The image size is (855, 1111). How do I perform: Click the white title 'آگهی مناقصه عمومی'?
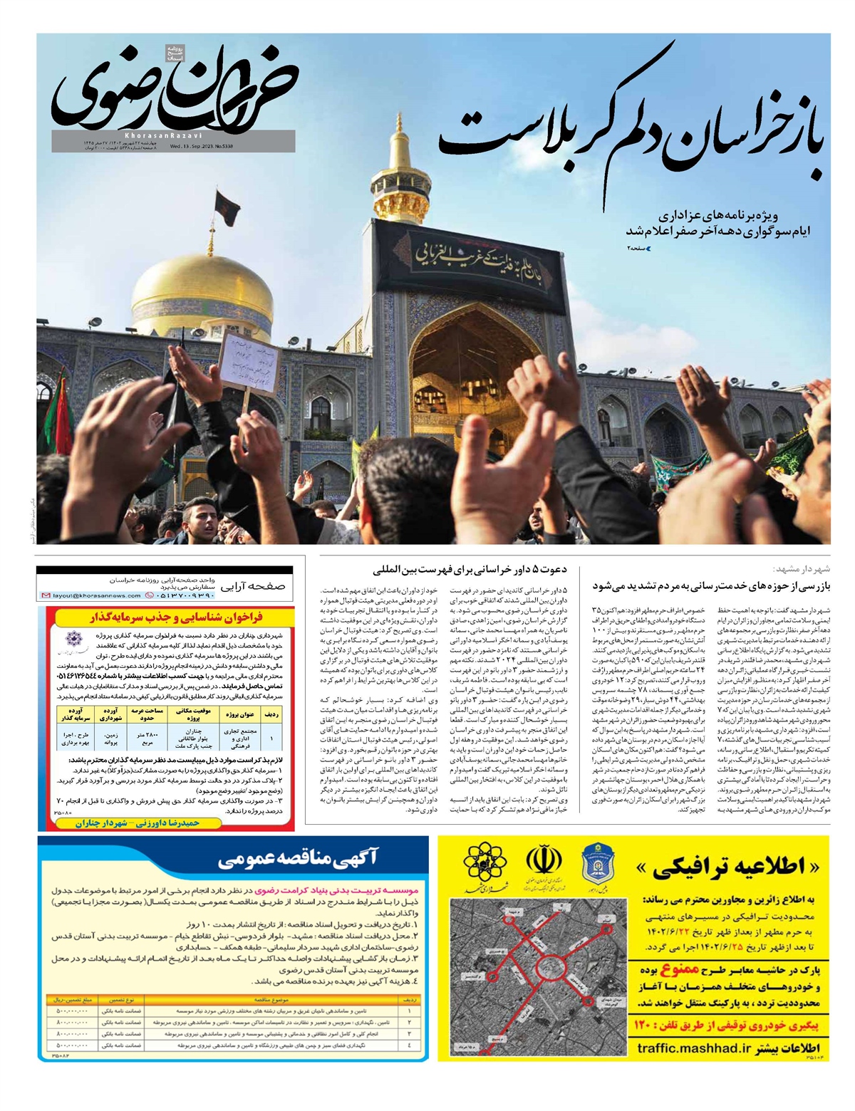click(299, 860)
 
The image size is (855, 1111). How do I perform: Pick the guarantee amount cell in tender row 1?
click(71, 1011)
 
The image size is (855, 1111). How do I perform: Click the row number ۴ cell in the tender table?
click(410, 1045)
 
